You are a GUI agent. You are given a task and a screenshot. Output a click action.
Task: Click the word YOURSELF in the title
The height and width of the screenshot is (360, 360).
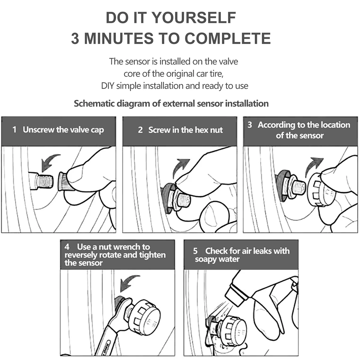(194, 18)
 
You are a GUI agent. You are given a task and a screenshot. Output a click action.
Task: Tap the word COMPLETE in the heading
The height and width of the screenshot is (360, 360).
(228, 38)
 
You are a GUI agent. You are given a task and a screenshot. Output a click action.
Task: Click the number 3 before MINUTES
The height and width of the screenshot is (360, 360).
(75, 38)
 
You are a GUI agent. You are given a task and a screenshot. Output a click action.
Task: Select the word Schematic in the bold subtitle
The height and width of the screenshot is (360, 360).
(94, 103)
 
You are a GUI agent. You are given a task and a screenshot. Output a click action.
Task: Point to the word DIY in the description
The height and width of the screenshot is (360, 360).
(108, 86)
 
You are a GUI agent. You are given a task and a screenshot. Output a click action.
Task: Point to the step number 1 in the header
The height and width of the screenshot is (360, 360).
(14, 130)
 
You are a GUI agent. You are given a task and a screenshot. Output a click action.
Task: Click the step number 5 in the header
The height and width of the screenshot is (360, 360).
(195, 251)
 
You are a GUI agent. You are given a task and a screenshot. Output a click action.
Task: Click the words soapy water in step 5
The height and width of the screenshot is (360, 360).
(217, 259)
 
